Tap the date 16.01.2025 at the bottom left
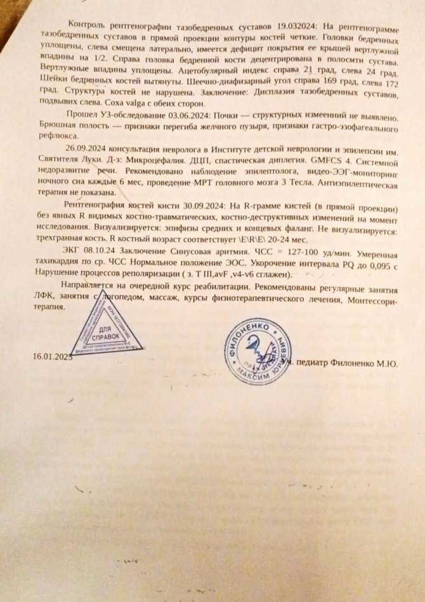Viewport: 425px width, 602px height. [53, 357]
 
